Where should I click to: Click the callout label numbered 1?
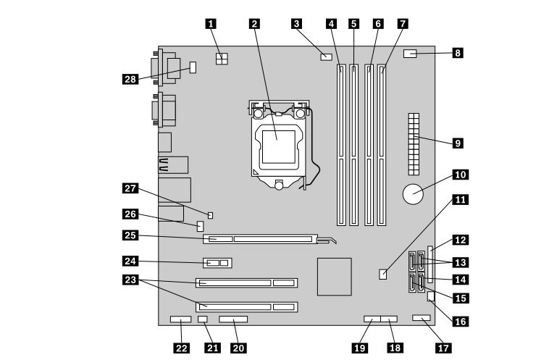(211, 24)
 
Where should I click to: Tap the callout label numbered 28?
(130, 79)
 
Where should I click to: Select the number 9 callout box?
(458, 143)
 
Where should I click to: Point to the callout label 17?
(443, 348)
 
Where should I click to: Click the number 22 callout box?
(181, 348)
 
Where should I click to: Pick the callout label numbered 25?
(130, 235)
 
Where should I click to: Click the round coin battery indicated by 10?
(413, 194)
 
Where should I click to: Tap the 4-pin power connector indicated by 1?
(222, 59)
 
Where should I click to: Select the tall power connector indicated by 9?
(414, 144)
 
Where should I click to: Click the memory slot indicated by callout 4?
(341, 144)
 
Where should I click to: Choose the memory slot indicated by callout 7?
(382, 144)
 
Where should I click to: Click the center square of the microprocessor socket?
(279, 147)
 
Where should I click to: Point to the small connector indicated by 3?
(326, 56)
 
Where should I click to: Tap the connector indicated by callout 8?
(410, 54)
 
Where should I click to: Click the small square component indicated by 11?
(383, 275)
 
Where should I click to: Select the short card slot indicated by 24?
(218, 263)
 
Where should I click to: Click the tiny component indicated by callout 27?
(210, 215)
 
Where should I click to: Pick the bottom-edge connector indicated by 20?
(233, 319)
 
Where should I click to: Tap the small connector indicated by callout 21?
(203, 319)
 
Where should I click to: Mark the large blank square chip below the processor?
(335, 277)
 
